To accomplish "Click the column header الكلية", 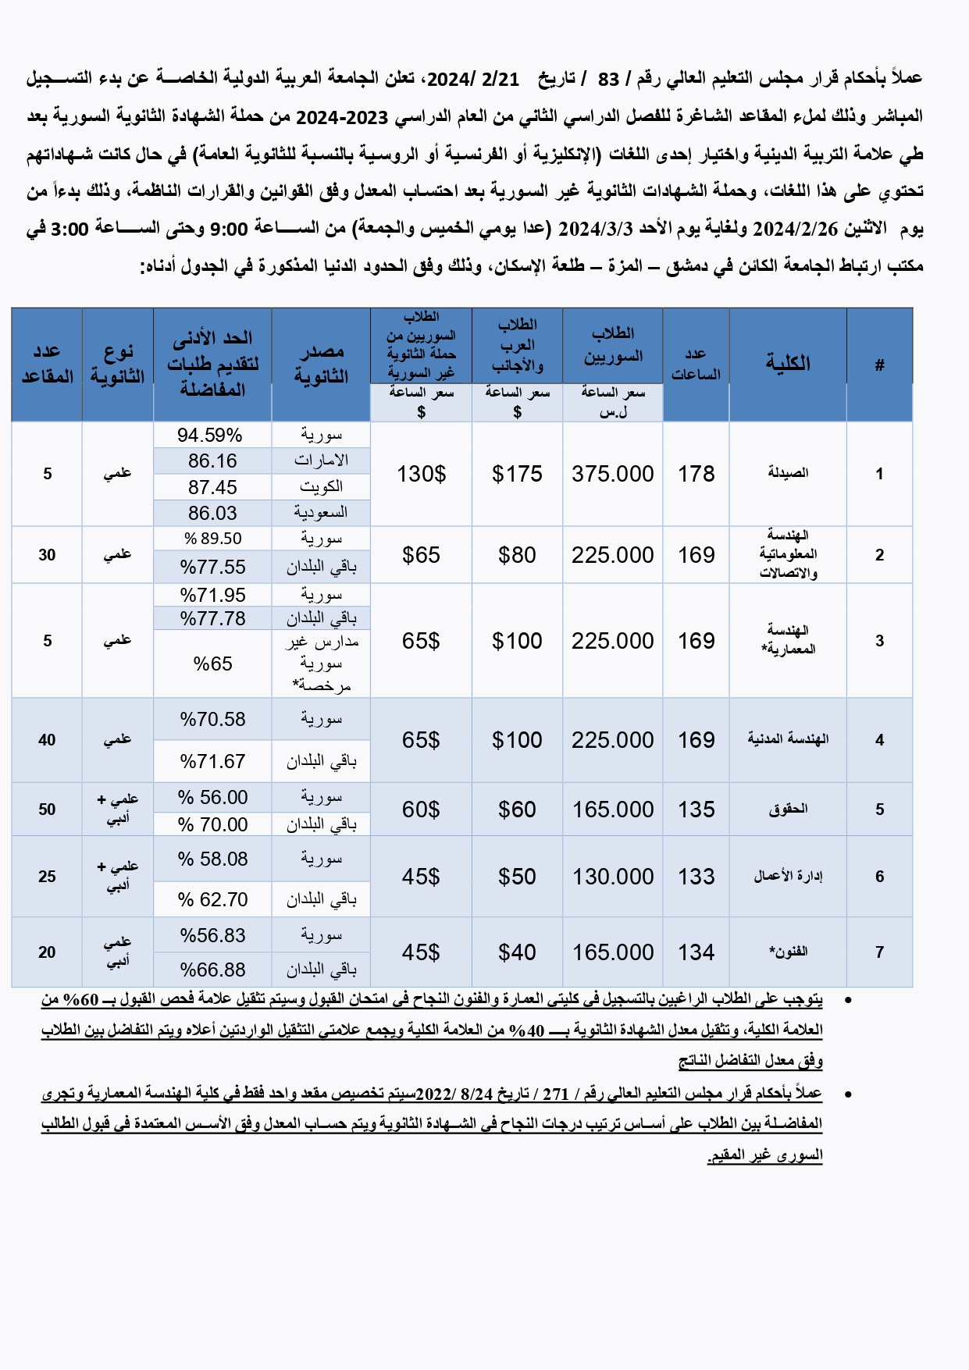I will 787,363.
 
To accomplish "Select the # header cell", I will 879,365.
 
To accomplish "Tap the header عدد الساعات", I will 696,365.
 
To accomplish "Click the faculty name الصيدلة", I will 787,473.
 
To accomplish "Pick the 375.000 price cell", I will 612,474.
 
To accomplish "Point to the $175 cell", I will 517,474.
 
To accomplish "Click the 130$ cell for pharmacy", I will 421,474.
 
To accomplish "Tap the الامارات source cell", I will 321,461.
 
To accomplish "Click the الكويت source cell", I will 321,486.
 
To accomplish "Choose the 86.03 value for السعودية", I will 212,513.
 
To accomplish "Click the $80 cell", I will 517,555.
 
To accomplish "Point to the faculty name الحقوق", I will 787,810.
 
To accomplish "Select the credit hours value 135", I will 696,810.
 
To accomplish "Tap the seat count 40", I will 47,740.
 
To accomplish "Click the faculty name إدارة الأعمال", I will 787,877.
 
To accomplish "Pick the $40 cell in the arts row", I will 517,952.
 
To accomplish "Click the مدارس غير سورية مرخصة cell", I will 321,664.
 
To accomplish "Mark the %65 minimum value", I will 212,664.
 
